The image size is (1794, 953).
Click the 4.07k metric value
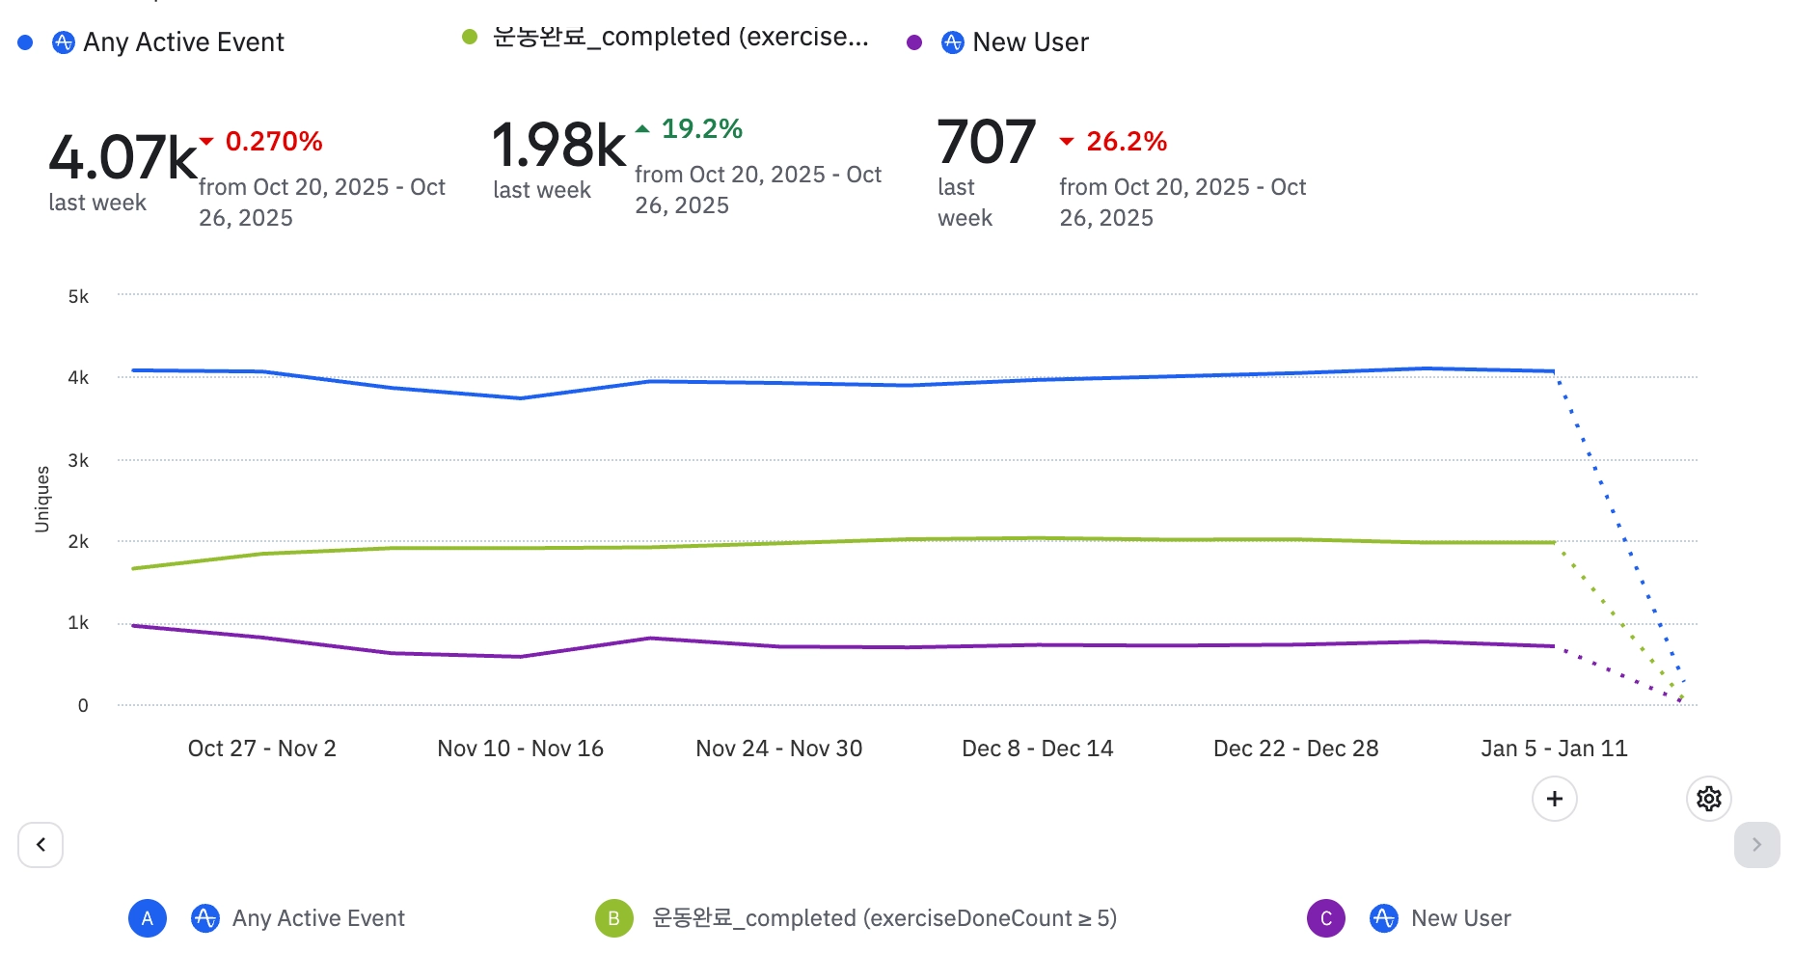[x=122, y=157]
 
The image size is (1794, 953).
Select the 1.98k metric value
[x=558, y=146]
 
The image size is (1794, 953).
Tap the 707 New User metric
[x=986, y=142]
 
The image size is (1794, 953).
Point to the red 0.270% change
[x=273, y=142]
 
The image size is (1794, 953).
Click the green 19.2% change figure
[x=701, y=129]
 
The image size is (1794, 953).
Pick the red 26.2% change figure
[x=1126, y=142]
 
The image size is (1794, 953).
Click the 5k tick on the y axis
[x=78, y=297]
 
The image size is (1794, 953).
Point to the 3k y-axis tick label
[x=78, y=461]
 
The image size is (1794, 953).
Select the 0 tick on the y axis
[x=83, y=706]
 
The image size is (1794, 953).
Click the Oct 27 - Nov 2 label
[x=261, y=749]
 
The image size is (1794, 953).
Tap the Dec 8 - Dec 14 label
[x=1037, y=749]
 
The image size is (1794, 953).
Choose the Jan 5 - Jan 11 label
[x=1554, y=749]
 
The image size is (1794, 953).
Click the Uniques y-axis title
[x=42, y=499]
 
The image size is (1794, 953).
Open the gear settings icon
[x=1708, y=799]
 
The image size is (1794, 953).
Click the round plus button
[x=1554, y=799]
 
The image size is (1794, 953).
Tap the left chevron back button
[x=41, y=845]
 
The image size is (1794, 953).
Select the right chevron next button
[x=1756, y=845]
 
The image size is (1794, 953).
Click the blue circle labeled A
[x=148, y=918]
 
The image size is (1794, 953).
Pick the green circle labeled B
[x=613, y=918]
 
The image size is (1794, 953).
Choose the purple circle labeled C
[x=1325, y=918]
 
